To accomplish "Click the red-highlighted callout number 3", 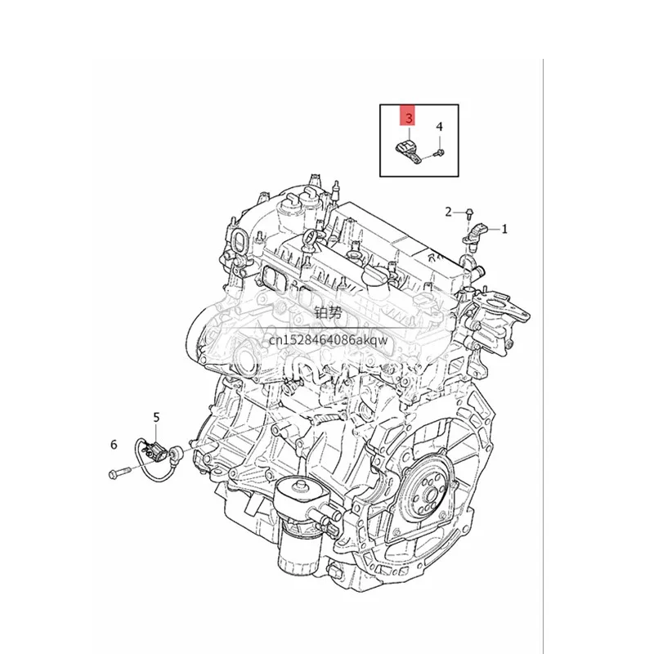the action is [409, 118].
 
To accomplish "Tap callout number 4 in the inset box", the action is [439, 127].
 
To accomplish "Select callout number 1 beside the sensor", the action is [504, 229].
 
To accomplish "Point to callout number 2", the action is [448, 212].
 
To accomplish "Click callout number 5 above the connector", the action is [156, 417].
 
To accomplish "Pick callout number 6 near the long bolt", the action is [114, 445].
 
